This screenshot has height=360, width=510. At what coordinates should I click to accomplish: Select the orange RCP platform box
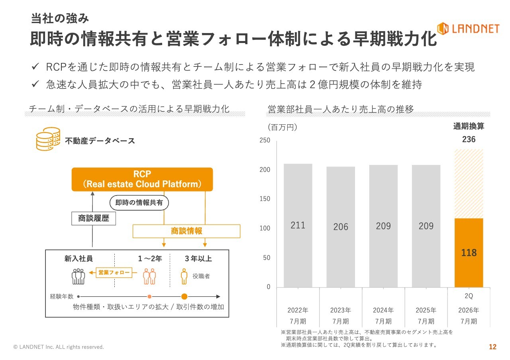coord(142,179)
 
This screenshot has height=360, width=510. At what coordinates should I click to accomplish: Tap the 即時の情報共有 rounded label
coord(139,203)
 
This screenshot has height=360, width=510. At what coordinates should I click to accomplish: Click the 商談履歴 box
coord(94,218)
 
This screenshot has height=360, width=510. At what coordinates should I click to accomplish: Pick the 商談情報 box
coord(186,231)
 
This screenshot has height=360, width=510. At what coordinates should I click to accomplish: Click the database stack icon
coord(48,139)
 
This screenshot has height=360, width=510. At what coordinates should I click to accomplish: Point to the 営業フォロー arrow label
coord(114,272)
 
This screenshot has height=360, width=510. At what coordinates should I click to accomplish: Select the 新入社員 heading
coord(78,258)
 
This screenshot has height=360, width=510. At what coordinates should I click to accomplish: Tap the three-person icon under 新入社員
coord(78,276)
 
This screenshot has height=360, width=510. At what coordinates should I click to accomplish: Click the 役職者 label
coord(201,276)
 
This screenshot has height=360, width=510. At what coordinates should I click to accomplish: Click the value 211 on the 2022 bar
coord(298,225)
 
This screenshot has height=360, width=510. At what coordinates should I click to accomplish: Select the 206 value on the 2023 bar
coord(340,227)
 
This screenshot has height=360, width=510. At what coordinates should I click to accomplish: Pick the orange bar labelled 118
coord(469,252)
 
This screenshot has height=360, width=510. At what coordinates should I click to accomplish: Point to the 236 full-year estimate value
coord(469,139)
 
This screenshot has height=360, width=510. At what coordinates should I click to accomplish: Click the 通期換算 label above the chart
coord(469,127)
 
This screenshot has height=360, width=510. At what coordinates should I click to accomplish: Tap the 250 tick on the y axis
coord(265,141)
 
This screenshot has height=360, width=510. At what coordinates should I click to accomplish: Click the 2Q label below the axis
coord(469,296)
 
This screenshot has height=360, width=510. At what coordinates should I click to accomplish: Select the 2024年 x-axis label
coord(383,310)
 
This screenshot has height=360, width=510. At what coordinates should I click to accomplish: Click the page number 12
coord(492,347)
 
